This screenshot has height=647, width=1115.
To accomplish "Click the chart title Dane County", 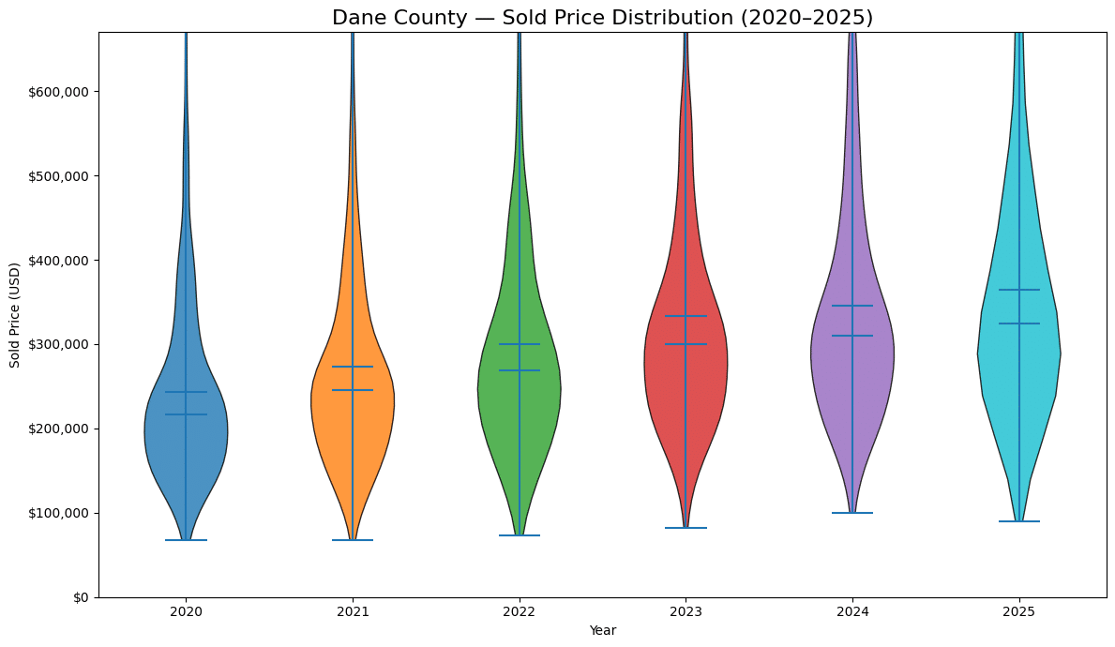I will coord(602,18).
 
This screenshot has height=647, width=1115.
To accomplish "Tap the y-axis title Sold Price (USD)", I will coord(15,315).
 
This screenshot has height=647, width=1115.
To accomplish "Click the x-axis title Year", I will coord(602,630).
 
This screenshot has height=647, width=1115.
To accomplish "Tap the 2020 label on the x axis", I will coord(186,611).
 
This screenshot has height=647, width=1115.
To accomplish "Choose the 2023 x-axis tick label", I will coord(686,611).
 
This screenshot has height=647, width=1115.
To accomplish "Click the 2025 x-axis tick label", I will coord(1018,611).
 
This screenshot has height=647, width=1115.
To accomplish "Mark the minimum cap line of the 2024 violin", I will coord(852,513).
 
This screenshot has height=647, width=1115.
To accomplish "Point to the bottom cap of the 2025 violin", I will coord(1018,521).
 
